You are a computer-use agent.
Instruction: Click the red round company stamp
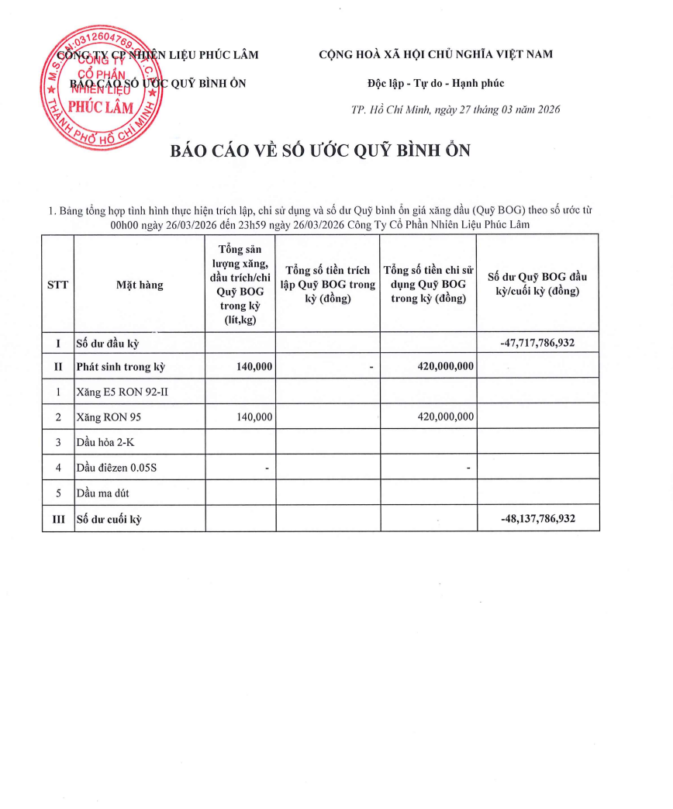point(100,87)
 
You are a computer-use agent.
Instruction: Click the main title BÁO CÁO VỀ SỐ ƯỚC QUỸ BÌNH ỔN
point(320,150)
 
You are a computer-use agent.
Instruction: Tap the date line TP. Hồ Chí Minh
point(455,109)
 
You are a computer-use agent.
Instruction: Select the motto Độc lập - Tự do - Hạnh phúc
point(436,83)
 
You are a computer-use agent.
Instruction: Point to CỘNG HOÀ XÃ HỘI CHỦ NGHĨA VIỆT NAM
point(436,54)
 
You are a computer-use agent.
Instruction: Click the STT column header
point(57,285)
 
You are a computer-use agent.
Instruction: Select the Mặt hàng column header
point(140,285)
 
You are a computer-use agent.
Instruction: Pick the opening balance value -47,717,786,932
point(538,342)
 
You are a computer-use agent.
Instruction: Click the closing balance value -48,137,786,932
point(538,519)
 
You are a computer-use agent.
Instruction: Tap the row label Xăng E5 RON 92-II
point(122,392)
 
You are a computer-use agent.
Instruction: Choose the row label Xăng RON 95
point(109,417)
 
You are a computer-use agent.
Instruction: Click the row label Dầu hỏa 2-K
point(105,443)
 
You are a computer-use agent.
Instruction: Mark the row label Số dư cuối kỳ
point(109,519)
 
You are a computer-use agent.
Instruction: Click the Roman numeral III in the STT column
point(57,519)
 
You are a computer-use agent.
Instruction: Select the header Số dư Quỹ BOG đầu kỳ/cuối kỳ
point(538,284)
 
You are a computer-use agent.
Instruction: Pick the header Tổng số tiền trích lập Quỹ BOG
point(327,284)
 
